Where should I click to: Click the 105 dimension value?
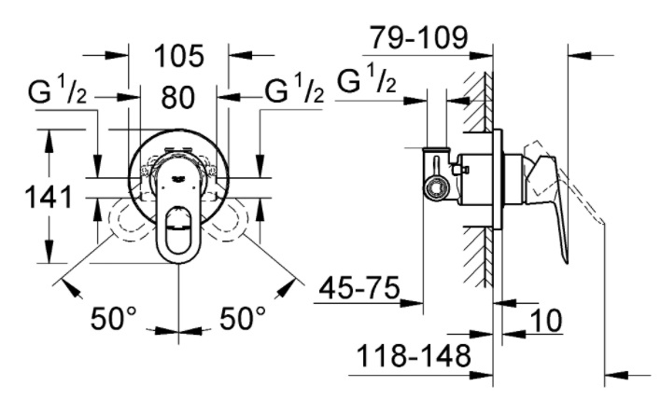tap(179, 56)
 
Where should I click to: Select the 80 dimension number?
tap(178, 97)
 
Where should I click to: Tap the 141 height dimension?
tap(49, 197)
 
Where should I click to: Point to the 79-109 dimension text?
tap(419, 37)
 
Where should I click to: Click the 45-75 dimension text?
tap(359, 288)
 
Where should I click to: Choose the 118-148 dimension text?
tap(414, 356)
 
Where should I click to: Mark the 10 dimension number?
tap(545, 321)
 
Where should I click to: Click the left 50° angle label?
tap(113, 318)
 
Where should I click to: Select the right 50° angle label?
tap(243, 318)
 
